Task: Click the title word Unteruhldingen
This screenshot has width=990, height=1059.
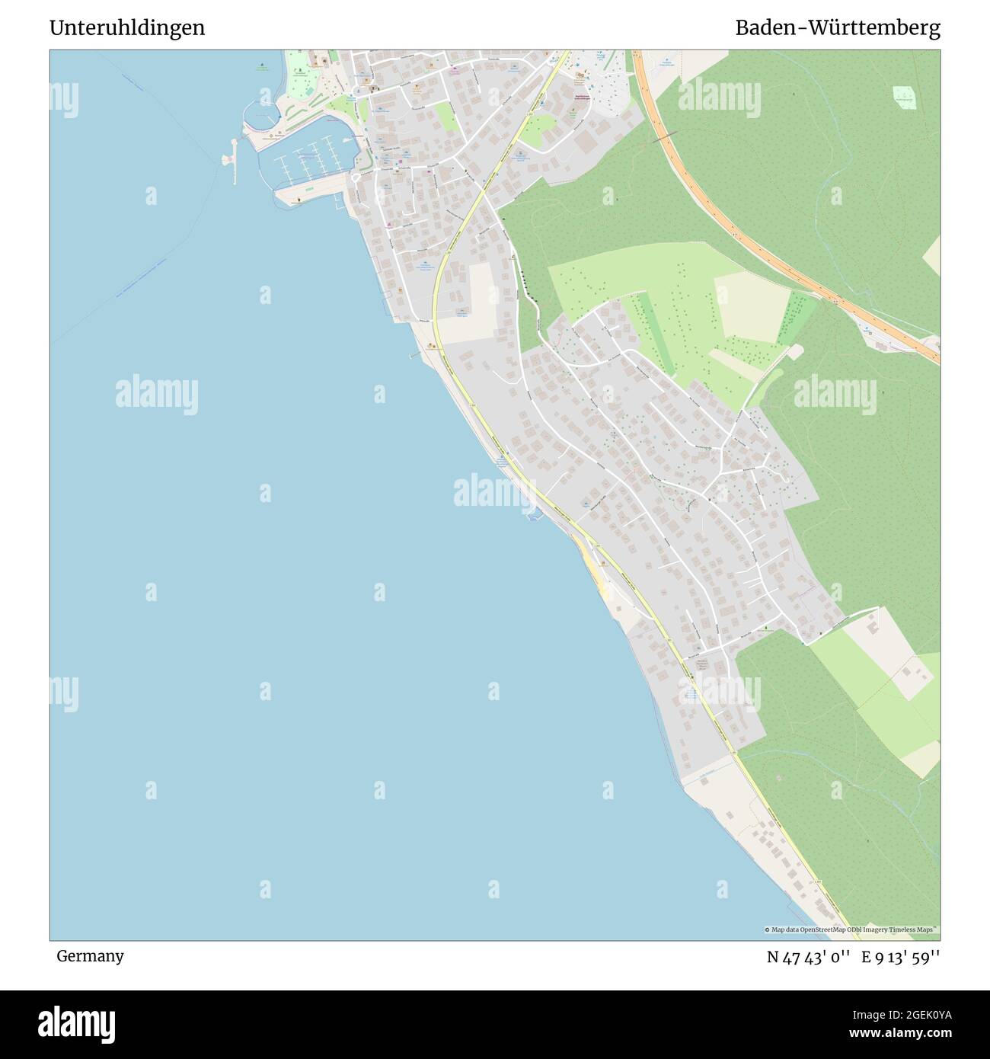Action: click(x=127, y=28)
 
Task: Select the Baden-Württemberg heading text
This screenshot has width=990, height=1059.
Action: click(x=837, y=28)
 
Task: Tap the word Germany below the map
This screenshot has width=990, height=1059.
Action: click(x=90, y=956)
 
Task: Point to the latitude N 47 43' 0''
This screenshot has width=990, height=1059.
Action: click(x=808, y=957)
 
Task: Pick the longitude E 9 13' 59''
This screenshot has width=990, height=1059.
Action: click(x=901, y=957)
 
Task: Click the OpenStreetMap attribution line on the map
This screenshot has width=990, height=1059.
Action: click(x=851, y=929)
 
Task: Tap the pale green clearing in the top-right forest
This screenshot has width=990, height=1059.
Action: click(x=905, y=96)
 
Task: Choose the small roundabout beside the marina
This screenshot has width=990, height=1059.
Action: click(x=356, y=178)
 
